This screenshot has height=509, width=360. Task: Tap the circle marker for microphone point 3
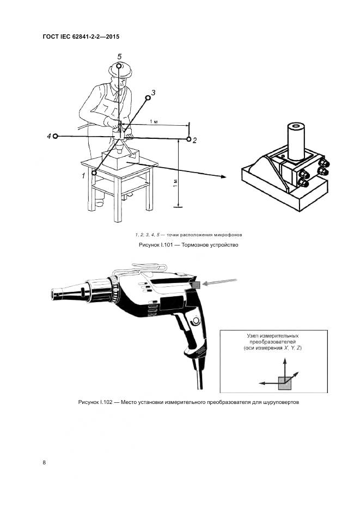148,97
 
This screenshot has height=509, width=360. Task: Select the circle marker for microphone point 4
56,136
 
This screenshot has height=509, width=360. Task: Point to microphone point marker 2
189,139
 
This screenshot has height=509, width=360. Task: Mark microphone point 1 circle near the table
94,173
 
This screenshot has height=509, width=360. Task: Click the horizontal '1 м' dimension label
154,121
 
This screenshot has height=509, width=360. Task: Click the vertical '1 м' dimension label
175,183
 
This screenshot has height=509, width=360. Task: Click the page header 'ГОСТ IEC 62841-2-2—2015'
81,36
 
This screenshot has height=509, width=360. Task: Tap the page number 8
44,463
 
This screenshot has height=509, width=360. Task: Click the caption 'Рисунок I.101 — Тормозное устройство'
188,245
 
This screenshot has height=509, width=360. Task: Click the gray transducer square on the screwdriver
197,285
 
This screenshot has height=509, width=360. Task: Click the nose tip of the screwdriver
52,295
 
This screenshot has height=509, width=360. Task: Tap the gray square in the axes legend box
285,383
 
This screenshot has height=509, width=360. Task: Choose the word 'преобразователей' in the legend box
272,342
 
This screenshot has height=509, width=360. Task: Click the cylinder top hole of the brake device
295,126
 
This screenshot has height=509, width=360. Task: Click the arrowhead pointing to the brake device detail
223,176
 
